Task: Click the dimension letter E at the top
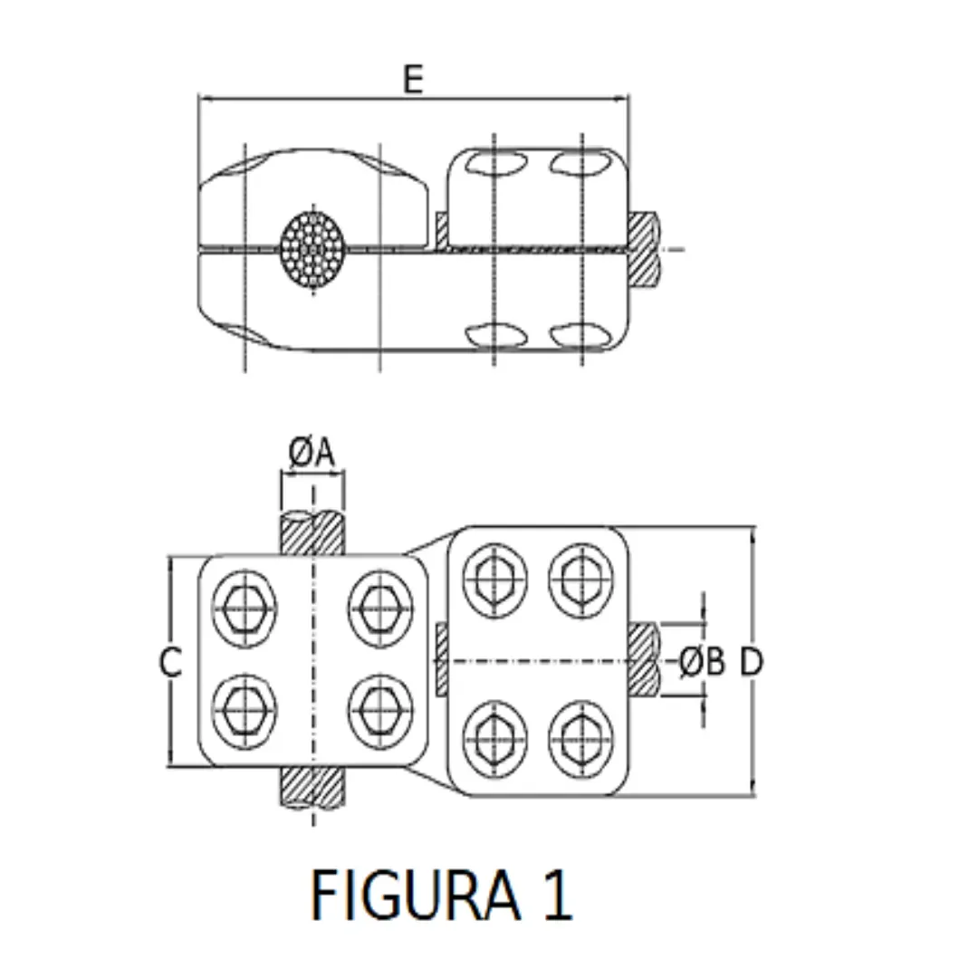click(x=413, y=80)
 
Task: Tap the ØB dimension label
click(x=703, y=664)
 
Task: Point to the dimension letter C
click(x=170, y=663)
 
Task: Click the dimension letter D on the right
click(x=752, y=664)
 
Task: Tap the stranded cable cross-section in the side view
click(x=313, y=248)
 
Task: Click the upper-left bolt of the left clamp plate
click(x=244, y=609)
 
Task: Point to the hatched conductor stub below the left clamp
click(x=313, y=788)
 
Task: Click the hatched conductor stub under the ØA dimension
click(x=313, y=534)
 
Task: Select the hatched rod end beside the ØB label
click(x=645, y=659)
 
